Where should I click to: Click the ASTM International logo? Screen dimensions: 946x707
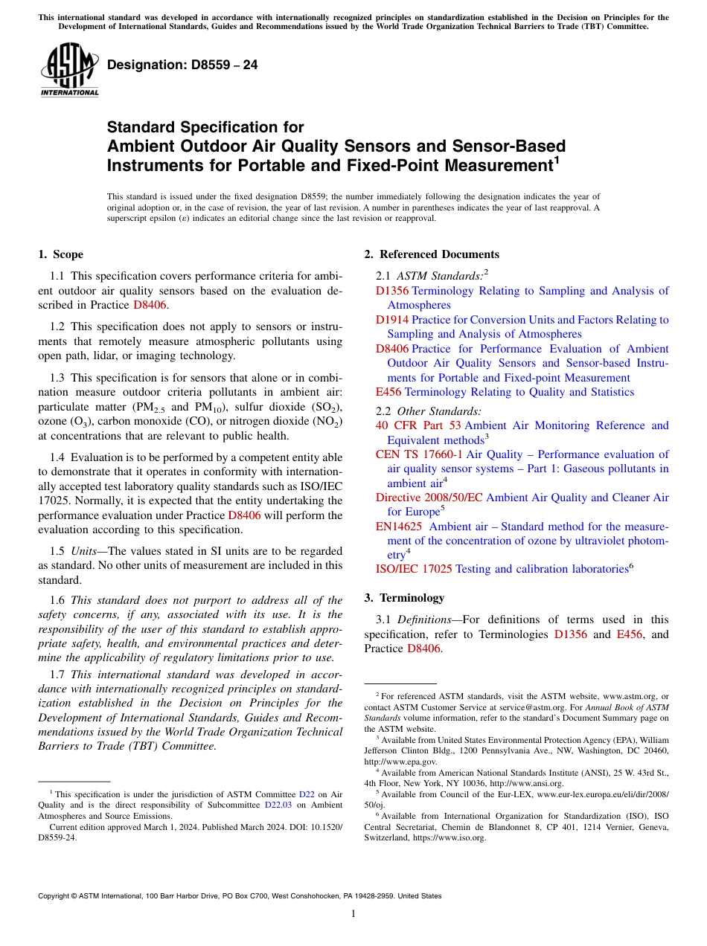click(68, 69)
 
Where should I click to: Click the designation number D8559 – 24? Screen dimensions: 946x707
click(182, 65)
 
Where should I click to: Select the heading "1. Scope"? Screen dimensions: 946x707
click(60, 254)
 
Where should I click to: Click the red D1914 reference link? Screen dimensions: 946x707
click(392, 320)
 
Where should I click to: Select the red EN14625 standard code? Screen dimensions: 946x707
click(398, 527)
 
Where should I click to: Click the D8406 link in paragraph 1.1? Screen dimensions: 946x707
click(150, 305)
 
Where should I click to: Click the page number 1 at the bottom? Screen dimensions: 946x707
click(353, 914)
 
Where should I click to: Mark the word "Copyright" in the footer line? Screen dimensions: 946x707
click(55, 896)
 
